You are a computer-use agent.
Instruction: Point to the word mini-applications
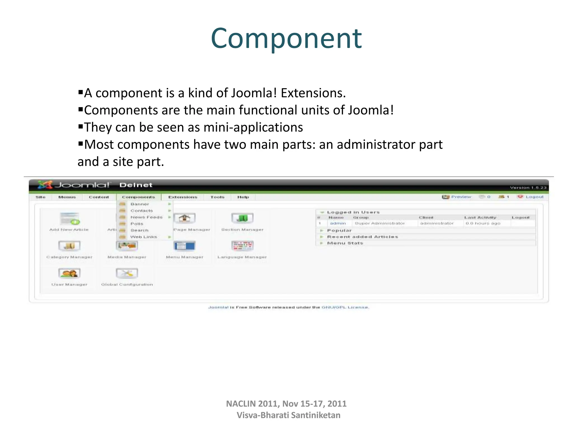[253, 127]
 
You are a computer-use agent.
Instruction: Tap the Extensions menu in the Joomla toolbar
[183, 197]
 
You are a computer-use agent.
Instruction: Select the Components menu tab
[138, 197]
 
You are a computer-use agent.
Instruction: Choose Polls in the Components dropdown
[137, 224]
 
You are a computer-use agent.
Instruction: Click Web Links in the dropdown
[144, 237]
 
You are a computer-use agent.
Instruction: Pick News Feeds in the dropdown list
[146, 217]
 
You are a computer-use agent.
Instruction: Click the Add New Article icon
[69, 218]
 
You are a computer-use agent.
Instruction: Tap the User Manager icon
[69, 273]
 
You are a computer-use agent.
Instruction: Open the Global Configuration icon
[127, 273]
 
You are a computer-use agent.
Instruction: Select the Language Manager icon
[242, 246]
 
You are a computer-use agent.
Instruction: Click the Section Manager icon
[242, 218]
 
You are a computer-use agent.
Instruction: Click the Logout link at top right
[534, 197]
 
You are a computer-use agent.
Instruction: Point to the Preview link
[461, 197]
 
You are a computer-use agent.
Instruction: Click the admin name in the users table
[338, 223]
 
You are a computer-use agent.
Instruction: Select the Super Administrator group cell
[379, 223]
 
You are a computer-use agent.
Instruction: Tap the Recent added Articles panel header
[362, 237]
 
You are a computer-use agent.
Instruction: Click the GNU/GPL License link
[345, 307]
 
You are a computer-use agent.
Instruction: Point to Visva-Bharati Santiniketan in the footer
[288, 415]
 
